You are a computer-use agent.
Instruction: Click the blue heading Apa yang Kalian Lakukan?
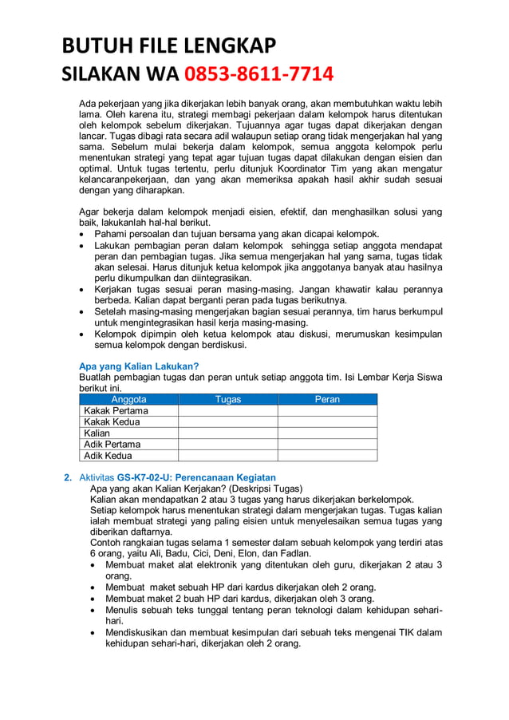[138, 366]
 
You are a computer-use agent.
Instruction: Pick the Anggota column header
[128, 399]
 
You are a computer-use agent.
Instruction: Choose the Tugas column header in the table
[227, 399]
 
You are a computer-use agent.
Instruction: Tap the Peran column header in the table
[327, 399]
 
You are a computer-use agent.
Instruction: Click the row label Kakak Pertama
[116, 410]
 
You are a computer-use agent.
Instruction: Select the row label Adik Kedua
[108, 456]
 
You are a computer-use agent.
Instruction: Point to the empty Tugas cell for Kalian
[227, 433]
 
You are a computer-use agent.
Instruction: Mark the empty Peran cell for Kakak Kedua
[327, 421]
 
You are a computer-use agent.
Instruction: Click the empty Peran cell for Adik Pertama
[327, 445]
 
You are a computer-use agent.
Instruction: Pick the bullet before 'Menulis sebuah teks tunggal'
[96, 611]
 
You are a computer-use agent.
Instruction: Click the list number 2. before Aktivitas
[68, 477]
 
